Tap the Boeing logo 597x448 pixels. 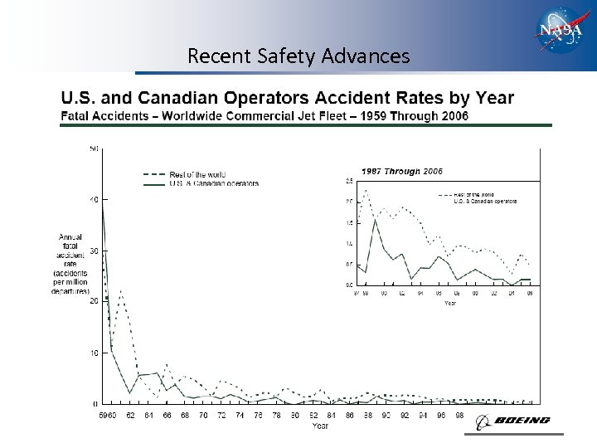(513, 421)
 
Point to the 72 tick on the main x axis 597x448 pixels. (221, 415)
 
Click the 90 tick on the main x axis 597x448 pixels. (386, 415)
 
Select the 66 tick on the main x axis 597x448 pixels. (167, 415)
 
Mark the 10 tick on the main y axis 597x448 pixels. (94, 353)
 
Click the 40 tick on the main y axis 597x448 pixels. (94, 200)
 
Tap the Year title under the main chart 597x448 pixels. (320, 426)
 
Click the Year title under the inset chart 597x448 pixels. (449, 303)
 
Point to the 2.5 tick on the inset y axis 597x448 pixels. (350, 181)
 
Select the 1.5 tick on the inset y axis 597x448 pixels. (350, 222)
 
